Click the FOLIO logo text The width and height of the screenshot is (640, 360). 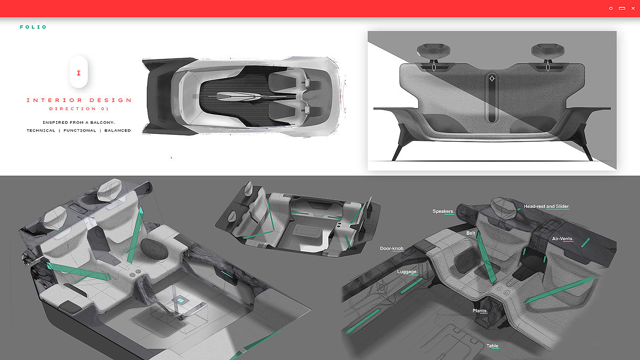point(33,27)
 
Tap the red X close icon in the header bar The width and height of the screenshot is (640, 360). point(633,8)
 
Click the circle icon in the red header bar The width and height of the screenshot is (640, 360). point(611,8)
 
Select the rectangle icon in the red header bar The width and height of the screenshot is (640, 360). point(622,8)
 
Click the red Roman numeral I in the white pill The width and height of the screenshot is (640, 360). point(79,73)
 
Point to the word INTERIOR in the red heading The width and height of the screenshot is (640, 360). point(54,100)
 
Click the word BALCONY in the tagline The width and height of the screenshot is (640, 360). point(102,122)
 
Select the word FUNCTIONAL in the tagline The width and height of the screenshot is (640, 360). point(80,131)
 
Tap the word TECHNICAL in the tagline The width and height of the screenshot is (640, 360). point(41,131)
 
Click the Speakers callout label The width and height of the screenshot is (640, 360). point(443,211)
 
